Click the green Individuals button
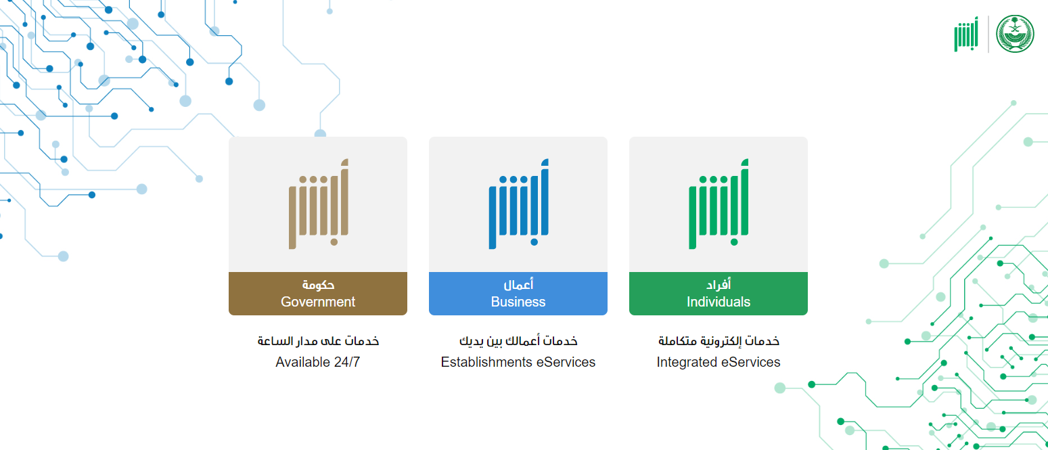(718, 293)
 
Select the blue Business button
(518, 293)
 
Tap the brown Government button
(318, 293)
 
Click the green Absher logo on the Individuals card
(719, 204)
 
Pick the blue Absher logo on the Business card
(518, 204)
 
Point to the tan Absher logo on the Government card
(318, 204)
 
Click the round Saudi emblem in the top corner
(1015, 34)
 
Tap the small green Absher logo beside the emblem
(966, 34)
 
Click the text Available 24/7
(318, 362)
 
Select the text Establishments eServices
(518, 362)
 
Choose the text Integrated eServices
(718, 362)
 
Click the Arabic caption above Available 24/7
(318, 341)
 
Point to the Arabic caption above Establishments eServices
(518, 341)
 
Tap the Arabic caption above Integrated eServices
(719, 341)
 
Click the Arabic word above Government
(318, 284)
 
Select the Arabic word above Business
(518, 284)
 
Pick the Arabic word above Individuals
(719, 284)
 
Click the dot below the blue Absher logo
(534, 242)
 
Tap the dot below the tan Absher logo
(334, 242)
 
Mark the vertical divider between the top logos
(988, 34)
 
